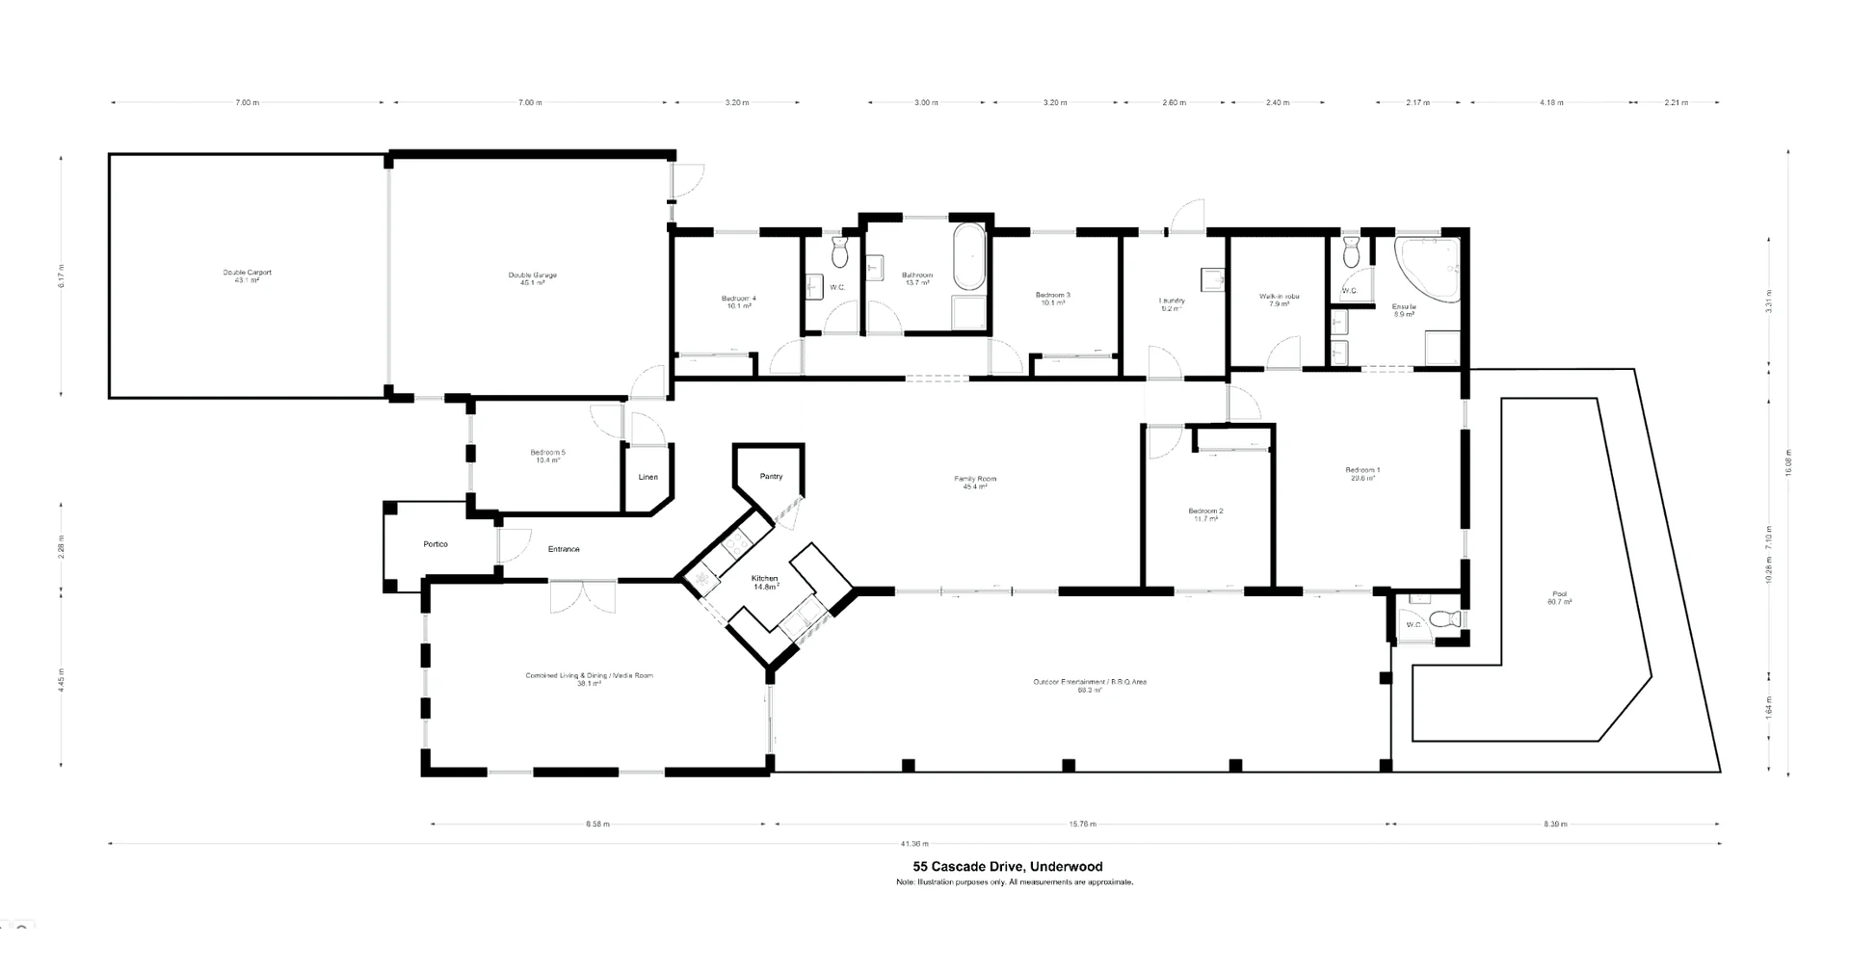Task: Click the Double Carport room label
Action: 248,275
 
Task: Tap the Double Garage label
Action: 533,278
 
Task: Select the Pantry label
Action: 771,476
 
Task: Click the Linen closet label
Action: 647,477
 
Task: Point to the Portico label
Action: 436,544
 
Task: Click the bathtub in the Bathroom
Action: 968,257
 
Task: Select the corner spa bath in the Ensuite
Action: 1429,270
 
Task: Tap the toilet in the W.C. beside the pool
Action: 1445,618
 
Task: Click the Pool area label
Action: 1559,597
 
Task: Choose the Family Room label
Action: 974,482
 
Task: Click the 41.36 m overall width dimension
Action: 914,844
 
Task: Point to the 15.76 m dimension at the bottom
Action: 1082,824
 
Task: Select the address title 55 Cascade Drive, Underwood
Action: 1001,866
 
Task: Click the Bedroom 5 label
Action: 547,456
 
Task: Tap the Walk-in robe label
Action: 1279,300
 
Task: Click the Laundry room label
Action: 1172,303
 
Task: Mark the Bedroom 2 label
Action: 1205,514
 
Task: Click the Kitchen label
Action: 765,582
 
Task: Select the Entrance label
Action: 564,549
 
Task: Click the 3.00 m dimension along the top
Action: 925,102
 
